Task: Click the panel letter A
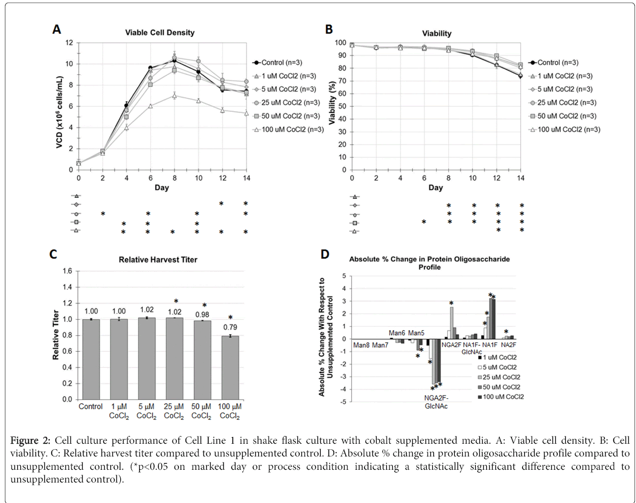pyautogui.click(x=57, y=30)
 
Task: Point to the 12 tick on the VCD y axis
pyautogui.click(x=70, y=43)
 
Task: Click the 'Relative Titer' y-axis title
pyautogui.click(x=56, y=334)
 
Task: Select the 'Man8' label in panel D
pyautogui.click(x=362, y=346)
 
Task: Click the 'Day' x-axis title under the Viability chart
pyautogui.click(x=435, y=188)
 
